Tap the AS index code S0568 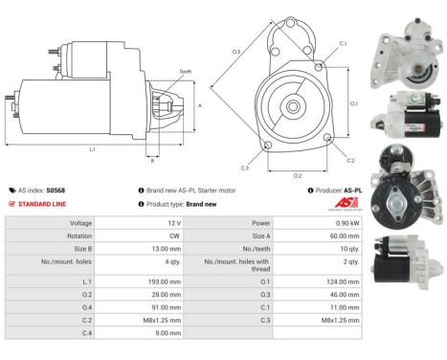click(57, 190)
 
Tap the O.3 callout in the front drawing click(235, 51)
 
